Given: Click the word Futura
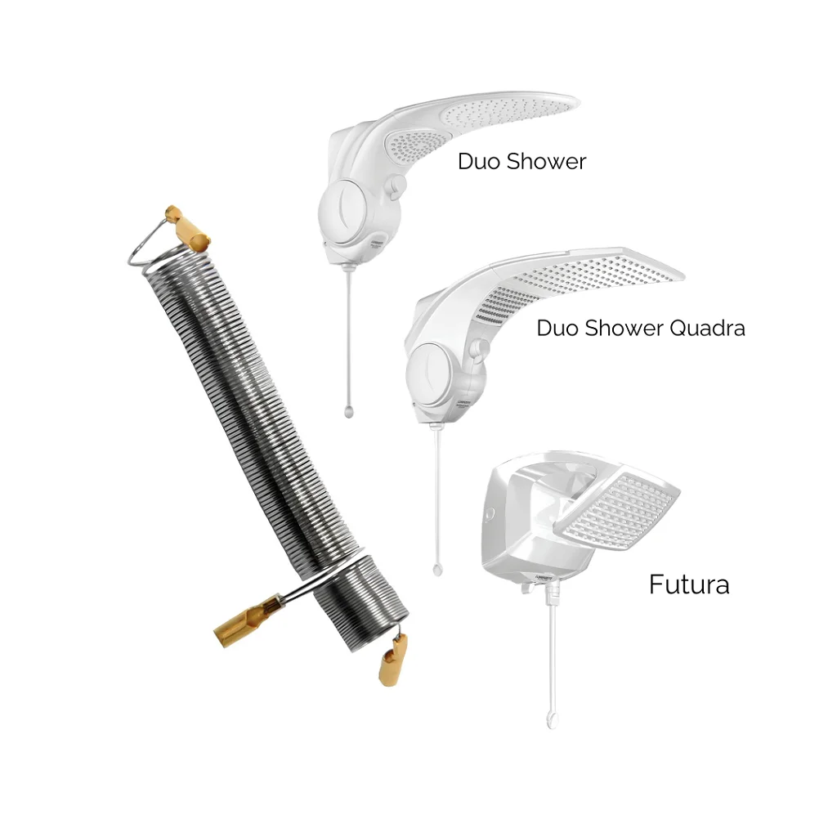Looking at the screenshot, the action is coord(688,584).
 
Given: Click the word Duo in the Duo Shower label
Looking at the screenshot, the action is coord(478,161).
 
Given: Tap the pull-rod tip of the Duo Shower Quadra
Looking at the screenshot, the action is coord(436,566).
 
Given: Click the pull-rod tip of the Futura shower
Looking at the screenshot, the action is coord(552,719).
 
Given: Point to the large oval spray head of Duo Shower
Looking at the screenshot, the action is coord(507,114).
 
